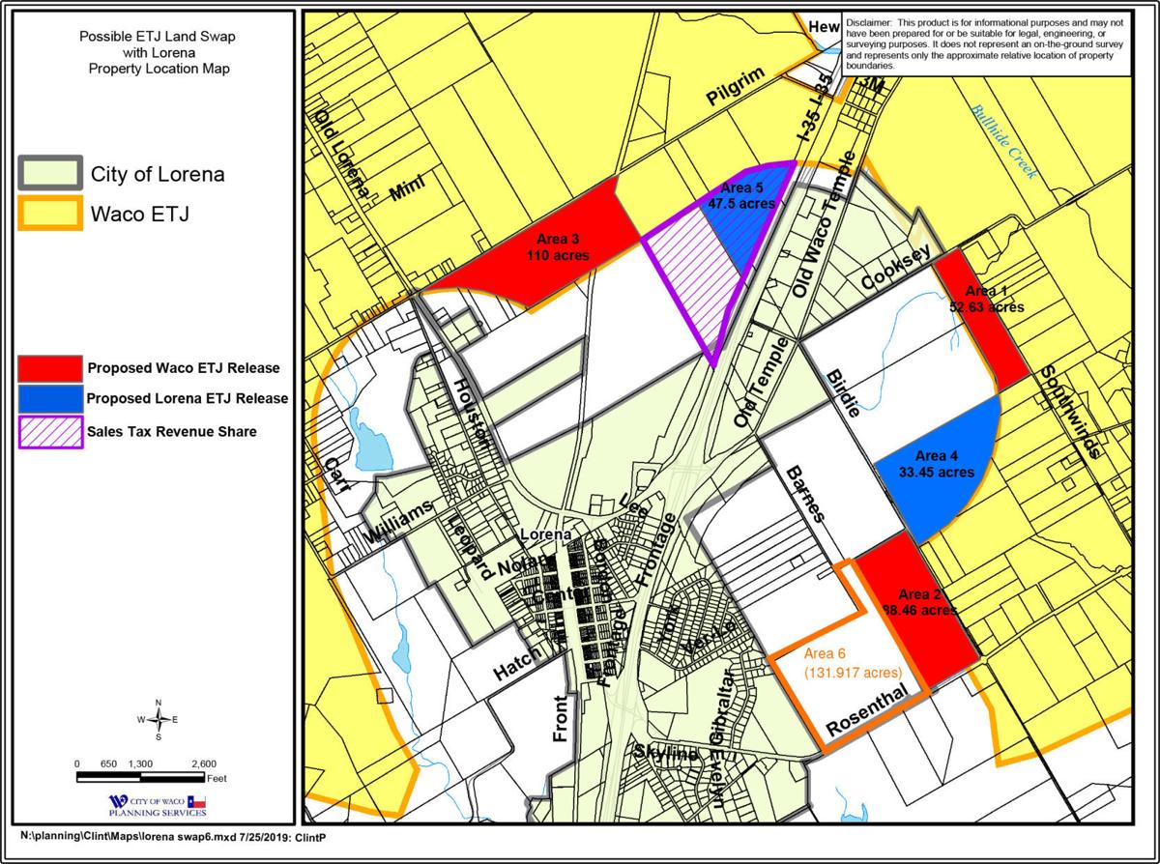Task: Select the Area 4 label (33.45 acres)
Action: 936,465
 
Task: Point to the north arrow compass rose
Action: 159,719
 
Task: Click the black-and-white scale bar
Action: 140,775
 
